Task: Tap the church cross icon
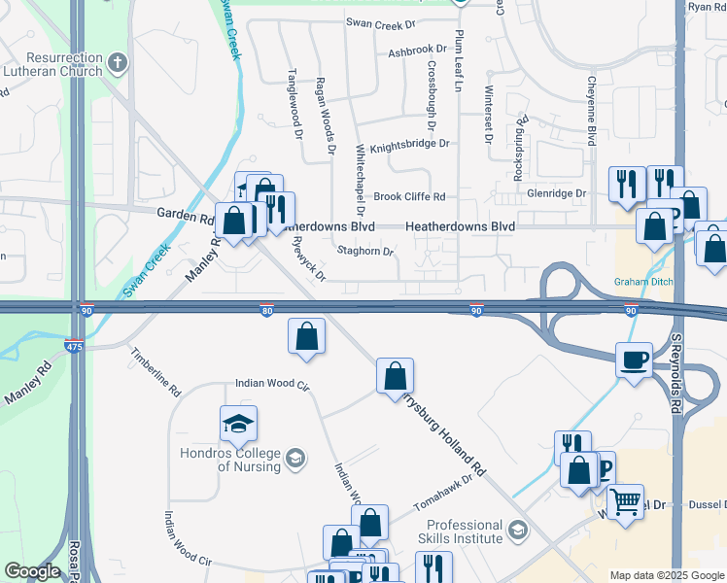coord(117,64)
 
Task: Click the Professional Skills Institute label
coord(462,532)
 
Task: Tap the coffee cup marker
coord(635,361)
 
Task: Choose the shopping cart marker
coord(625,502)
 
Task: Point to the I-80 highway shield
coord(266,311)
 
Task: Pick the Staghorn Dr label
coord(365,252)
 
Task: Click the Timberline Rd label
coord(156,370)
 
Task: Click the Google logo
coord(32,572)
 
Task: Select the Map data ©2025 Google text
coord(666,575)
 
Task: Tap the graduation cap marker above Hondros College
coord(239,424)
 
